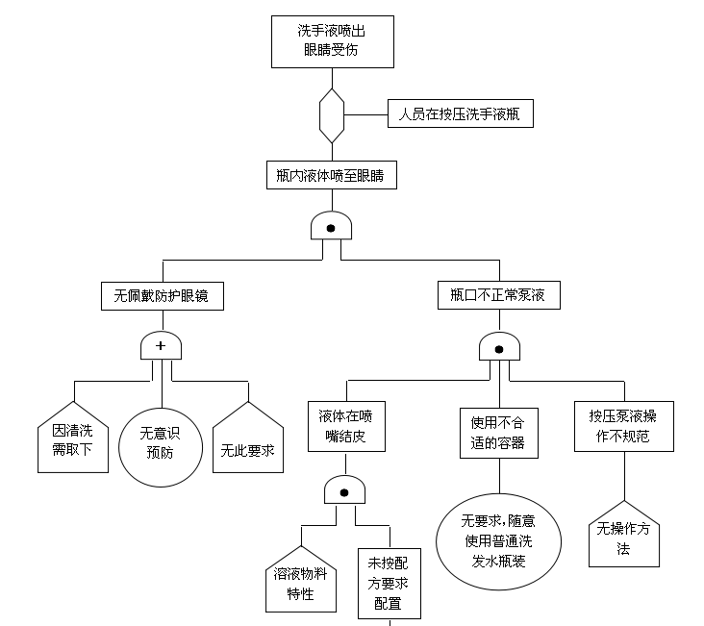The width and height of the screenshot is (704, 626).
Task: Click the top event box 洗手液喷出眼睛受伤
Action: tap(331, 42)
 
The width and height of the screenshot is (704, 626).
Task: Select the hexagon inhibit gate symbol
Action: tap(331, 114)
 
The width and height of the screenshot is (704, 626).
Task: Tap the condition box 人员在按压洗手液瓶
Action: tap(459, 114)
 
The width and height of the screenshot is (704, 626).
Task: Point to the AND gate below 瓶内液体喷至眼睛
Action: tap(331, 227)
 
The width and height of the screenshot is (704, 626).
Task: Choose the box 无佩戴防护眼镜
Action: tap(163, 296)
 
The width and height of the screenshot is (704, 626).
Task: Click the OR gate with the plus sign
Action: tap(161, 346)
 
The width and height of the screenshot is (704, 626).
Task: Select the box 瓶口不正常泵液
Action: tap(498, 295)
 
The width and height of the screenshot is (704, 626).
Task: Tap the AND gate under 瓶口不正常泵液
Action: tap(499, 346)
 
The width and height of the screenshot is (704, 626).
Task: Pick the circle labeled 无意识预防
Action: tap(161, 442)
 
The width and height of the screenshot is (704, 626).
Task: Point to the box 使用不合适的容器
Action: tap(498, 432)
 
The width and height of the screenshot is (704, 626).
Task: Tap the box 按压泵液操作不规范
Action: tap(624, 426)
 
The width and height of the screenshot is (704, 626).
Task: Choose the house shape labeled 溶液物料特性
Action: tap(301, 581)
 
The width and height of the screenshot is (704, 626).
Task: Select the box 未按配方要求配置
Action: tap(389, 583)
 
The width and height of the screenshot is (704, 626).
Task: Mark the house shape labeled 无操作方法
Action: tap(623, 537)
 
